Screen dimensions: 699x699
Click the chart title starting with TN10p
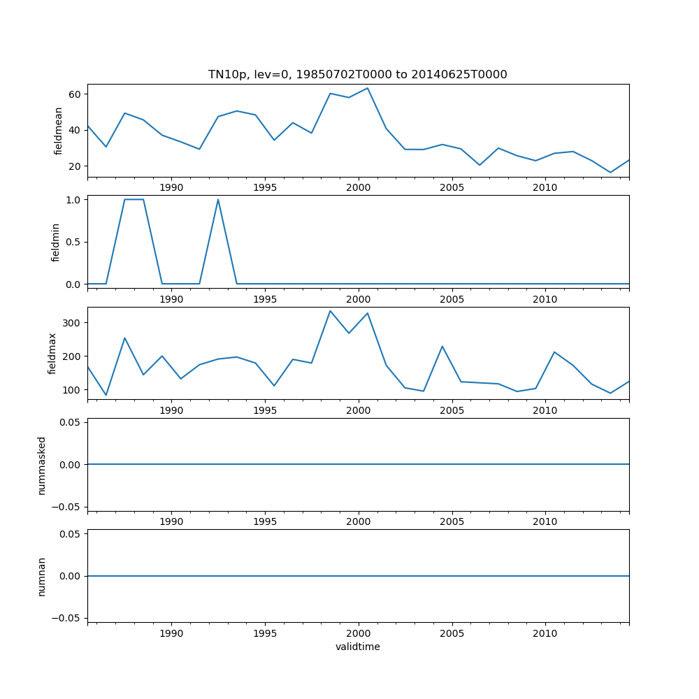tap(357, 74)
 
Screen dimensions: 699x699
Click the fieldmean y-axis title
tap(59, 131)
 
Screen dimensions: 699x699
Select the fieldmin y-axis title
tap(56, 242)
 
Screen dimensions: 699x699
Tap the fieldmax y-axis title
tap(52, 353)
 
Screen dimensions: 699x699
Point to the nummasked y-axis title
tap(42, 465)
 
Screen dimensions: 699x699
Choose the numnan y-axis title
tap(42, 576)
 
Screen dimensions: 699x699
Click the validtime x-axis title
tap(357, 647)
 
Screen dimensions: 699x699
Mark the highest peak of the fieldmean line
tap(368, 88)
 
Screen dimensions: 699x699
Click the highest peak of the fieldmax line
tap(330, 310)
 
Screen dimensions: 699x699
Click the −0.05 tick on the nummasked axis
tap(66, 506)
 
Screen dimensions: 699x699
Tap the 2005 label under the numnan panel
tap(452, 633)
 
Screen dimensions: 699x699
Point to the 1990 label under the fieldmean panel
tap(171, 187)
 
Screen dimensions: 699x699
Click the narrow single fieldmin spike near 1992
tap(218, 200)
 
